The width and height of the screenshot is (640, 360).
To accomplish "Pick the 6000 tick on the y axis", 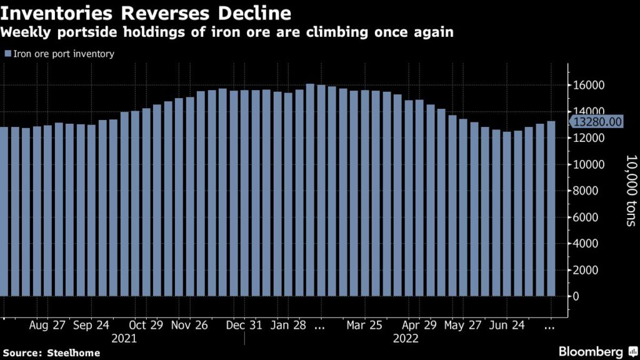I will (585, 217).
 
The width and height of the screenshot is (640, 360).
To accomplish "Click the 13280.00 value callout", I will (597, 121).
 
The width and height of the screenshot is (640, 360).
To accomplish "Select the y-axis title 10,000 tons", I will (630, 191).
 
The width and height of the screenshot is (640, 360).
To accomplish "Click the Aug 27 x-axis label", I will (48, 326).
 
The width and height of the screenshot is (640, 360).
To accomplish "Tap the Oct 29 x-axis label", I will (147, 326).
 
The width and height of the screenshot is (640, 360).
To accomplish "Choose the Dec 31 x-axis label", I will (245, 326).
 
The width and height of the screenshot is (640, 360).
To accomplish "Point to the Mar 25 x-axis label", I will (364, 326).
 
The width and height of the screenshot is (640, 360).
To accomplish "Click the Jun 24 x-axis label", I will (506, 326).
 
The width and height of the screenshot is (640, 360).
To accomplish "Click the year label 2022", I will (406, 339).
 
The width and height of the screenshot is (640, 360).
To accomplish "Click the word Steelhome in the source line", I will (73, 353).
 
